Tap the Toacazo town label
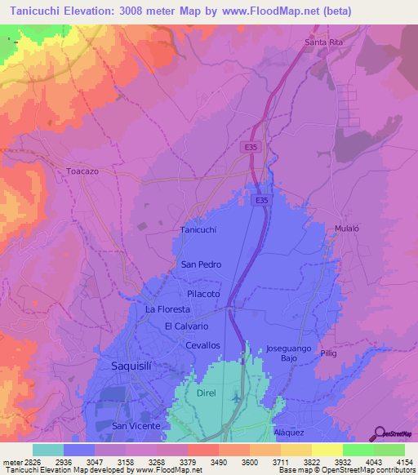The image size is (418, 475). [x=82, y=172]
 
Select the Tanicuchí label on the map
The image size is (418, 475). [x=198, y=230]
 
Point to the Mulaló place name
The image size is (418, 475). [x=347, y=229]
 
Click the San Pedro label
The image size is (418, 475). [x=201, y=264]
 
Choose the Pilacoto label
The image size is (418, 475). [x=204, y=292]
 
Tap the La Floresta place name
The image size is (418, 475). [x=167, y=309]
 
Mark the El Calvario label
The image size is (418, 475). [x=187, y=326]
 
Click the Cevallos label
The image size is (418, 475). [x=203, y=345]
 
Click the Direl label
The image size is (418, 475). [x=206, y=393]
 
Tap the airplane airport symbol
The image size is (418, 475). [x=237, y=397]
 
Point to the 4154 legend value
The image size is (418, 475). [x=404, y=461]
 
